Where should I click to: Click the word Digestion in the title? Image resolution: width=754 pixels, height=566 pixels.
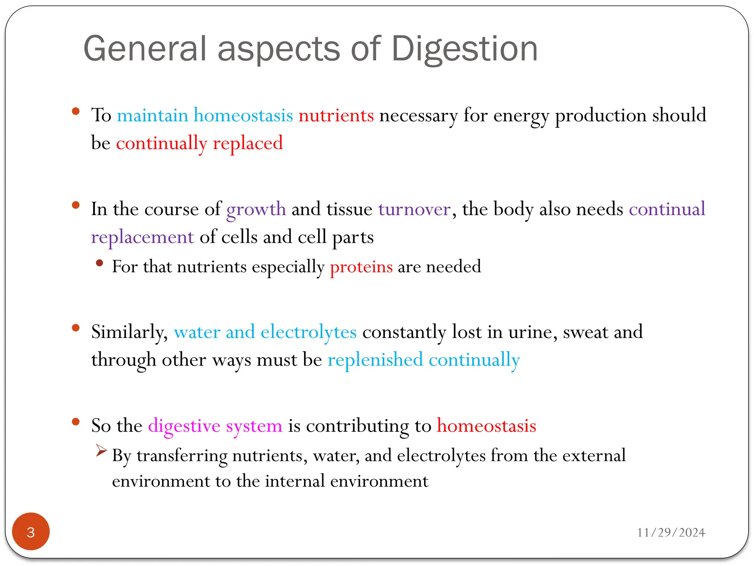tap(464, 49)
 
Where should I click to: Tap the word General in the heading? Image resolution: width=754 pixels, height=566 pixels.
tap(145, 49)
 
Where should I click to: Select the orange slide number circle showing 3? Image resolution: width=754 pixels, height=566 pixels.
tap(31, 531)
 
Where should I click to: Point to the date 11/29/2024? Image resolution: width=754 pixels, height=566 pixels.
tap(671, 532)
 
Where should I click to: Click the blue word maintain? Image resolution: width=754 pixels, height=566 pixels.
tap(152, 115)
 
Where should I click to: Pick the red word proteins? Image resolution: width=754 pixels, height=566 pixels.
tap(361, 267)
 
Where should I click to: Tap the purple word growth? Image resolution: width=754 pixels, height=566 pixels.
tap(256, 210)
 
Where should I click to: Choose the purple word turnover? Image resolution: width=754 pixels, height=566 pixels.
tap(415, 209)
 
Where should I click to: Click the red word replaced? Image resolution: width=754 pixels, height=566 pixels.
tap(248, 143)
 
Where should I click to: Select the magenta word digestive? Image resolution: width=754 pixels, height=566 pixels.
tap(184, 426)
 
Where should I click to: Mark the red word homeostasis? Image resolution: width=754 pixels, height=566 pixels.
tap(486, 426)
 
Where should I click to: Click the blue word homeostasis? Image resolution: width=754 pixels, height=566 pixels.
tap(243, 115)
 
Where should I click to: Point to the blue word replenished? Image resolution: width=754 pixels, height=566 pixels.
tap(375, 360)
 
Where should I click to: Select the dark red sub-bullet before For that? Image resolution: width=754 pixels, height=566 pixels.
tap(99, 263)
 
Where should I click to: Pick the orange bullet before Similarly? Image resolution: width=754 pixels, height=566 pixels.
tap(76, 328)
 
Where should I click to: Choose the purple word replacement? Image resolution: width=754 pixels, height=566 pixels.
tap(142, 237)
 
